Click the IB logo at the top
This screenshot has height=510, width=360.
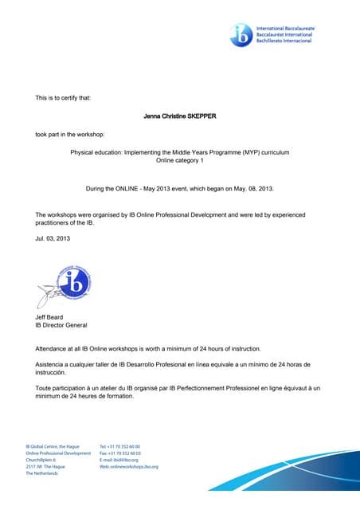(240, 33)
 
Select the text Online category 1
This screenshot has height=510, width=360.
(180, 160)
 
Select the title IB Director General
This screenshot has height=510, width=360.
(61, 326)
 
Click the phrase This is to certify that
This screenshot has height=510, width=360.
(63, 98)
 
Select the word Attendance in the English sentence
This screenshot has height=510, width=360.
(54, 349)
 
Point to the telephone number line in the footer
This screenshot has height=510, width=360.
(119, 446)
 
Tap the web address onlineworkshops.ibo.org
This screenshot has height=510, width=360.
(129, 466)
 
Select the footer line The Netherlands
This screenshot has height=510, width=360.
(41, 473)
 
